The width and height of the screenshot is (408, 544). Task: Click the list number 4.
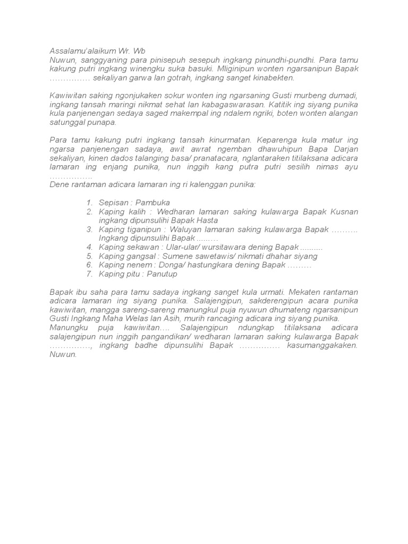(89, 247)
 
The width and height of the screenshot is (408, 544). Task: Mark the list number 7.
(89, 274)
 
